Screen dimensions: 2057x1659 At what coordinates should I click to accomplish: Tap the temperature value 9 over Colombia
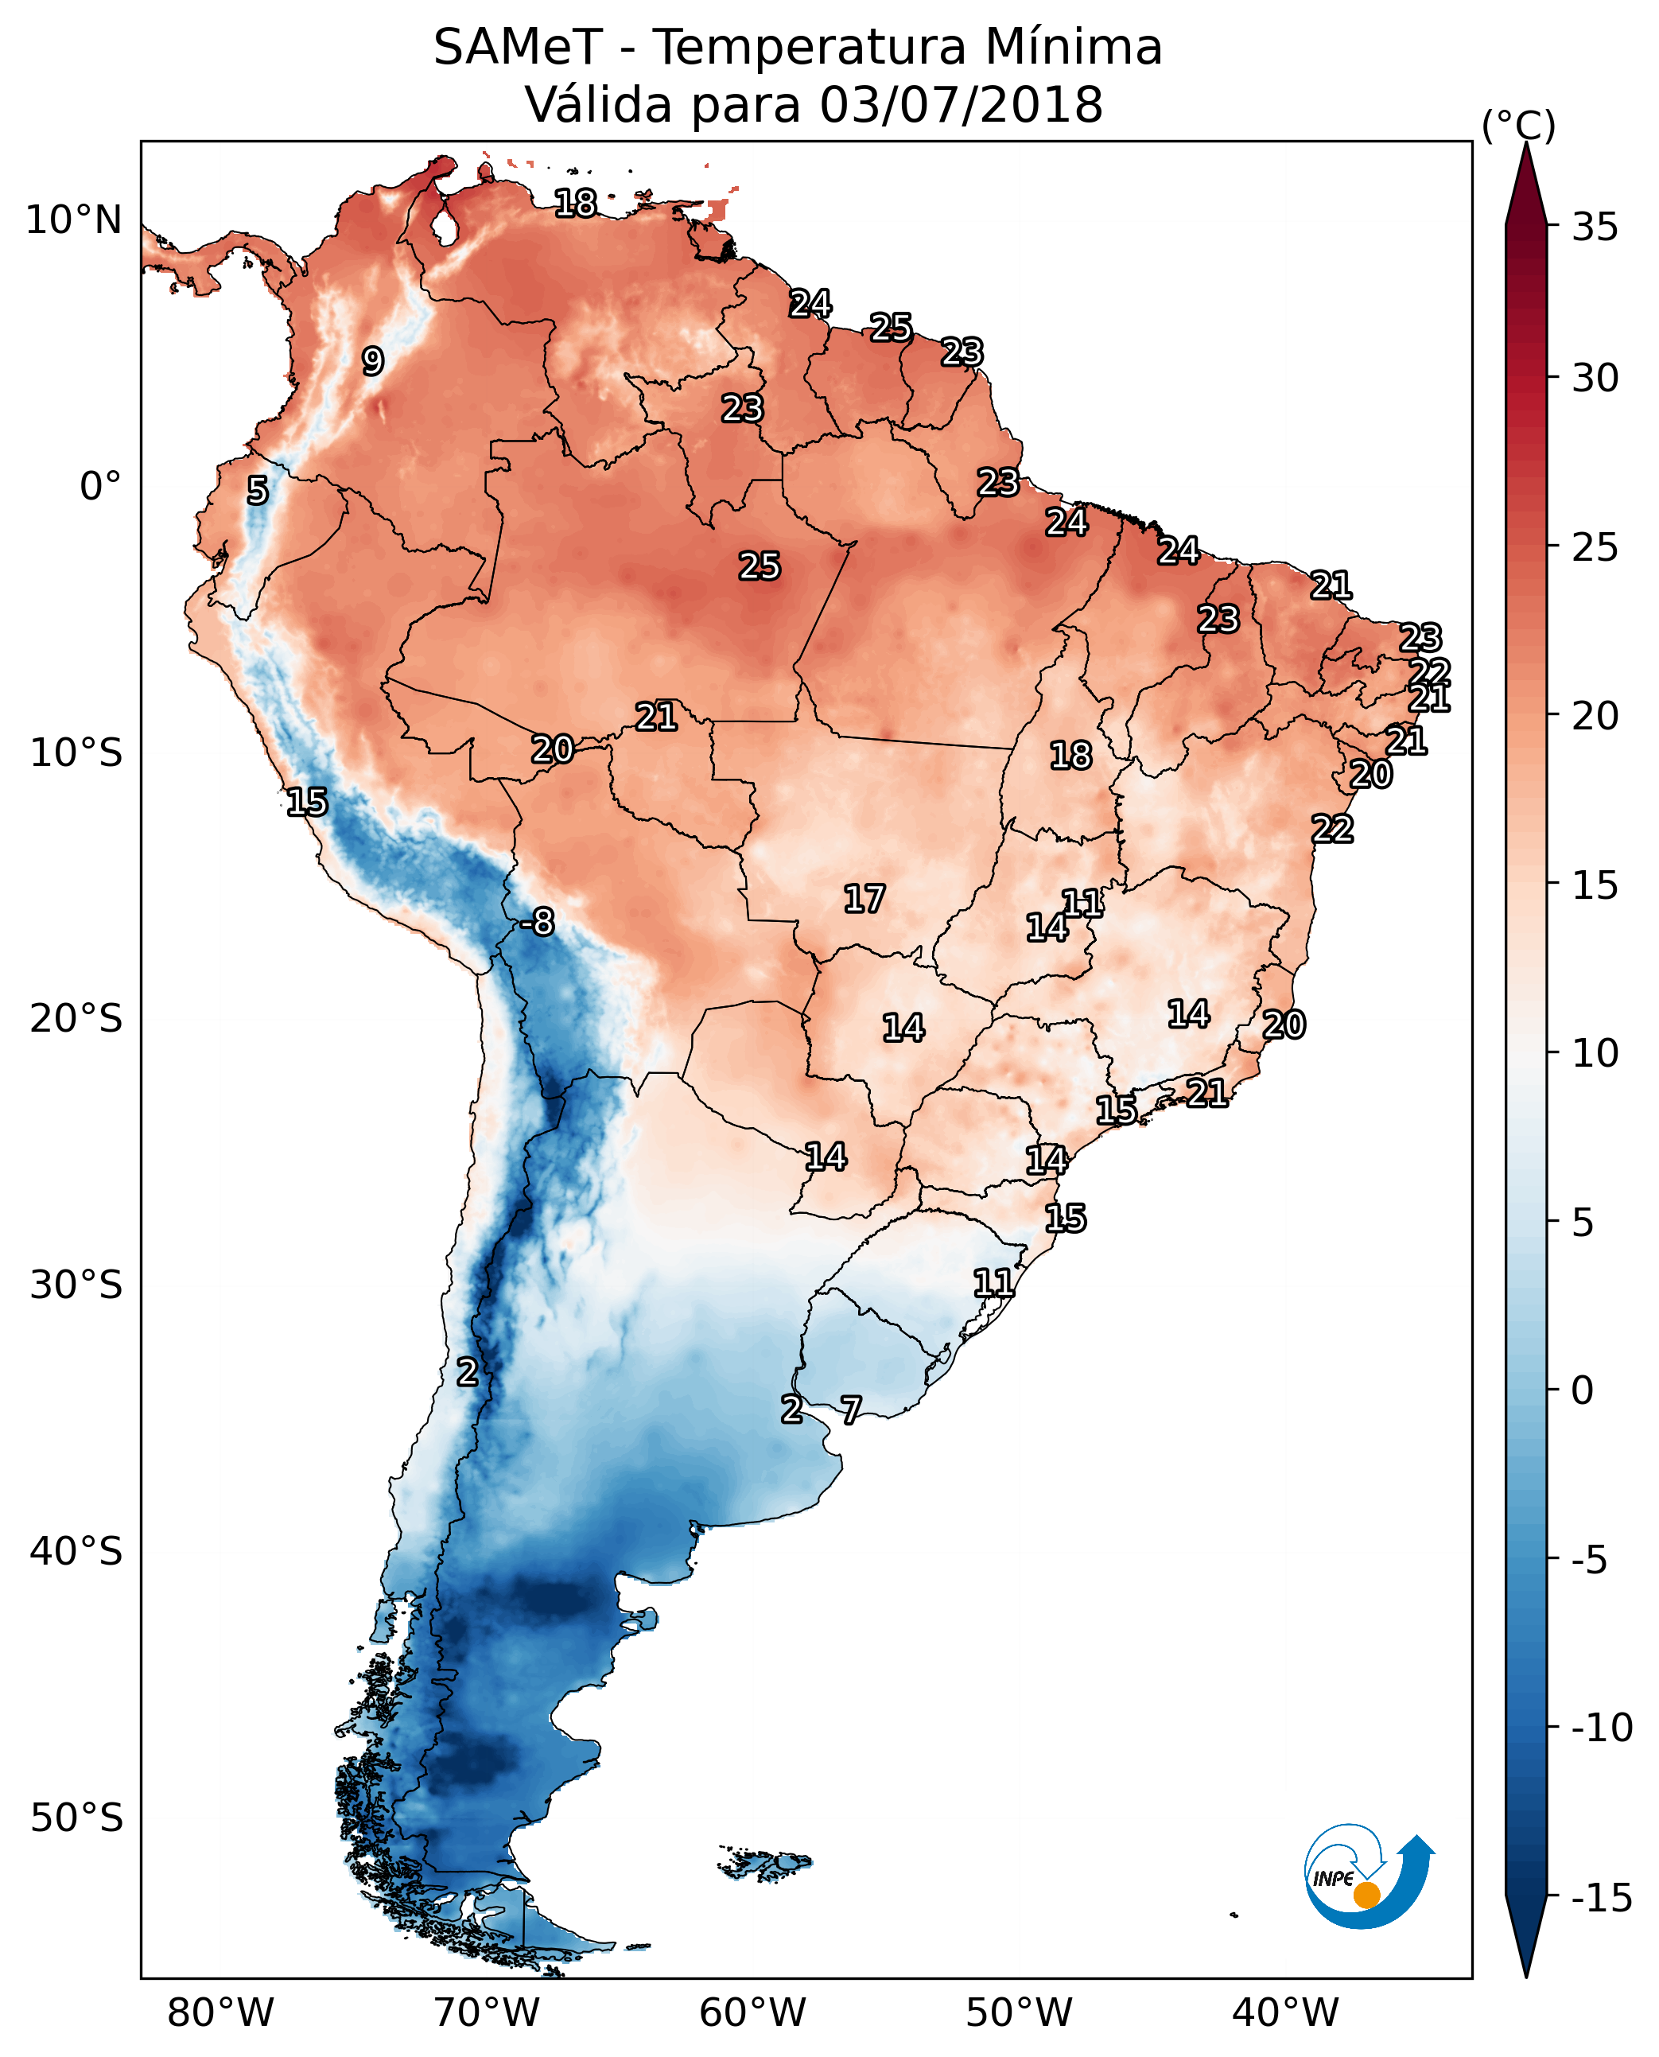pos(373,361)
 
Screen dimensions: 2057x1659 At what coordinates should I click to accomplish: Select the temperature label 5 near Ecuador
pos(258,490)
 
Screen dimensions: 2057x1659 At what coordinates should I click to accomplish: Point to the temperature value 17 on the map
pos(864,899)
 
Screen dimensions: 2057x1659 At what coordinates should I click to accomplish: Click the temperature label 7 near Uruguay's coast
pos(850,1409)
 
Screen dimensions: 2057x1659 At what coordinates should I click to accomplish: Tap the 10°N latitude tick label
pos(74,221)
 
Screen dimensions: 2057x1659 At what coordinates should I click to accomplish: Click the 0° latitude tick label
pos(100,487)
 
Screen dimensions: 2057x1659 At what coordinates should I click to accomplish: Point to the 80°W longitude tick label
pos(221,2012)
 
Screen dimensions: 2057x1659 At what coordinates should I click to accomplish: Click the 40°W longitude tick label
pos(1285,2012)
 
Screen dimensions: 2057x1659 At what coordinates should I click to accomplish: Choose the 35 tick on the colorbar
pos(1595,227)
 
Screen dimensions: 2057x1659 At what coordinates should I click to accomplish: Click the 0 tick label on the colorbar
pos(1583,1390)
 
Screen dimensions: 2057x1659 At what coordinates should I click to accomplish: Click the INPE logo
pos(1366,1876)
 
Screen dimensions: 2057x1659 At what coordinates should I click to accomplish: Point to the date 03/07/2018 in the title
pos(961,104)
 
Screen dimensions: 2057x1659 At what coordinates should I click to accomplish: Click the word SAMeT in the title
pos(517,47)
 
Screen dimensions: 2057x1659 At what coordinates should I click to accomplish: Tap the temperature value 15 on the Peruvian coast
pos(307,802)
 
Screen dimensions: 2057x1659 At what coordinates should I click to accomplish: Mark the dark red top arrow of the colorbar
pos(1526,186)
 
